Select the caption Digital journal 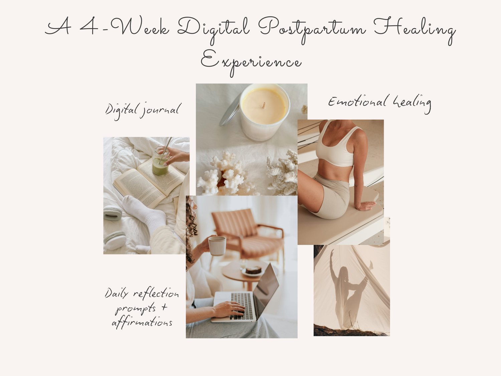[x=143, y=111]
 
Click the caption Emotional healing [x=379, y=103]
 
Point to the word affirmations [x=142, y=322]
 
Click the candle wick [x=264, y=105]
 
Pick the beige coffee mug [x=217, y=246]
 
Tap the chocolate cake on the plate [x=254, y=270]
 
